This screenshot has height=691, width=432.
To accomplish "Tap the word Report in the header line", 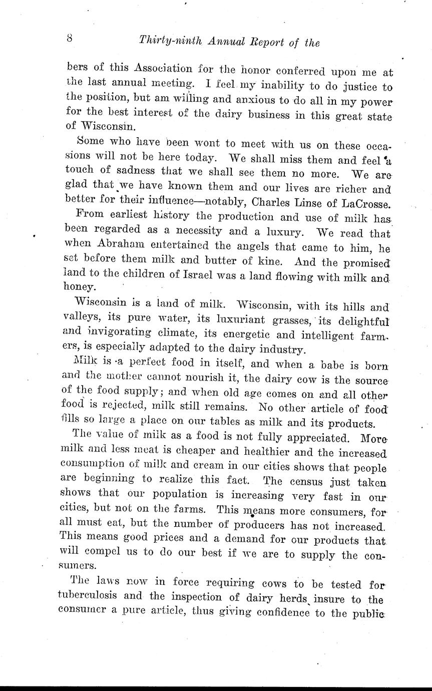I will point(267,42).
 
